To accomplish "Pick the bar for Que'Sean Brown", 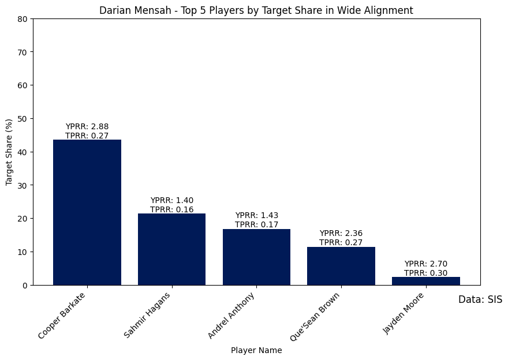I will pyautogui.click(x=341, y=266).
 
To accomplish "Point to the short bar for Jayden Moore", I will pyautogui.click(x=426, y=281).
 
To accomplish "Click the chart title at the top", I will pyautogui.click(x=256, y=10).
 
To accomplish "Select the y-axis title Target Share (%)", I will pyautogui.click(x=9, y=152).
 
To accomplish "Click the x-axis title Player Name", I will pyautogui.click(x=256, y=350).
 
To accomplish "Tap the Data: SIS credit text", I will pyautogui.click(x=480, y=299).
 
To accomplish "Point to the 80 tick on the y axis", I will pyautogui.click(x=23, y=18).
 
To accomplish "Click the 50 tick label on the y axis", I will pyautogui.click(x=23, y=118).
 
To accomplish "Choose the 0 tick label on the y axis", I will pyautogui.click(x=25, y=285).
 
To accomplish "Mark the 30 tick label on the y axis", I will pyautogui.click(x=23, y=185).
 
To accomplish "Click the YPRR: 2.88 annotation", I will pyautogui.click(x=87, y=126).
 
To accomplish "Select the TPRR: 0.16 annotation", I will pyautogui.click(x=171, y=209).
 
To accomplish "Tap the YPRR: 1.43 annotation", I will pyautogui.click(x=256, y=215).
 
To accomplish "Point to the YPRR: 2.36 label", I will pyautogui.click(x=341, y=233).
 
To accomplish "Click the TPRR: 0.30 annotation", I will pyautogui.click(x=426, y=273).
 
